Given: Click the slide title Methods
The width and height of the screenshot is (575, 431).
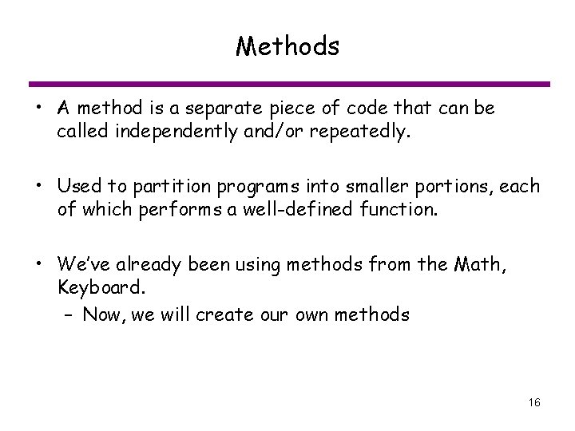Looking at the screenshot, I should click(287, 47).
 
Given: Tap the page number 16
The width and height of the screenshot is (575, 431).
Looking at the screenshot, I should click(534, 402).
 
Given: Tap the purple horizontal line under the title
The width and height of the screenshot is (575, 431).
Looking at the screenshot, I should click(287, 84).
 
